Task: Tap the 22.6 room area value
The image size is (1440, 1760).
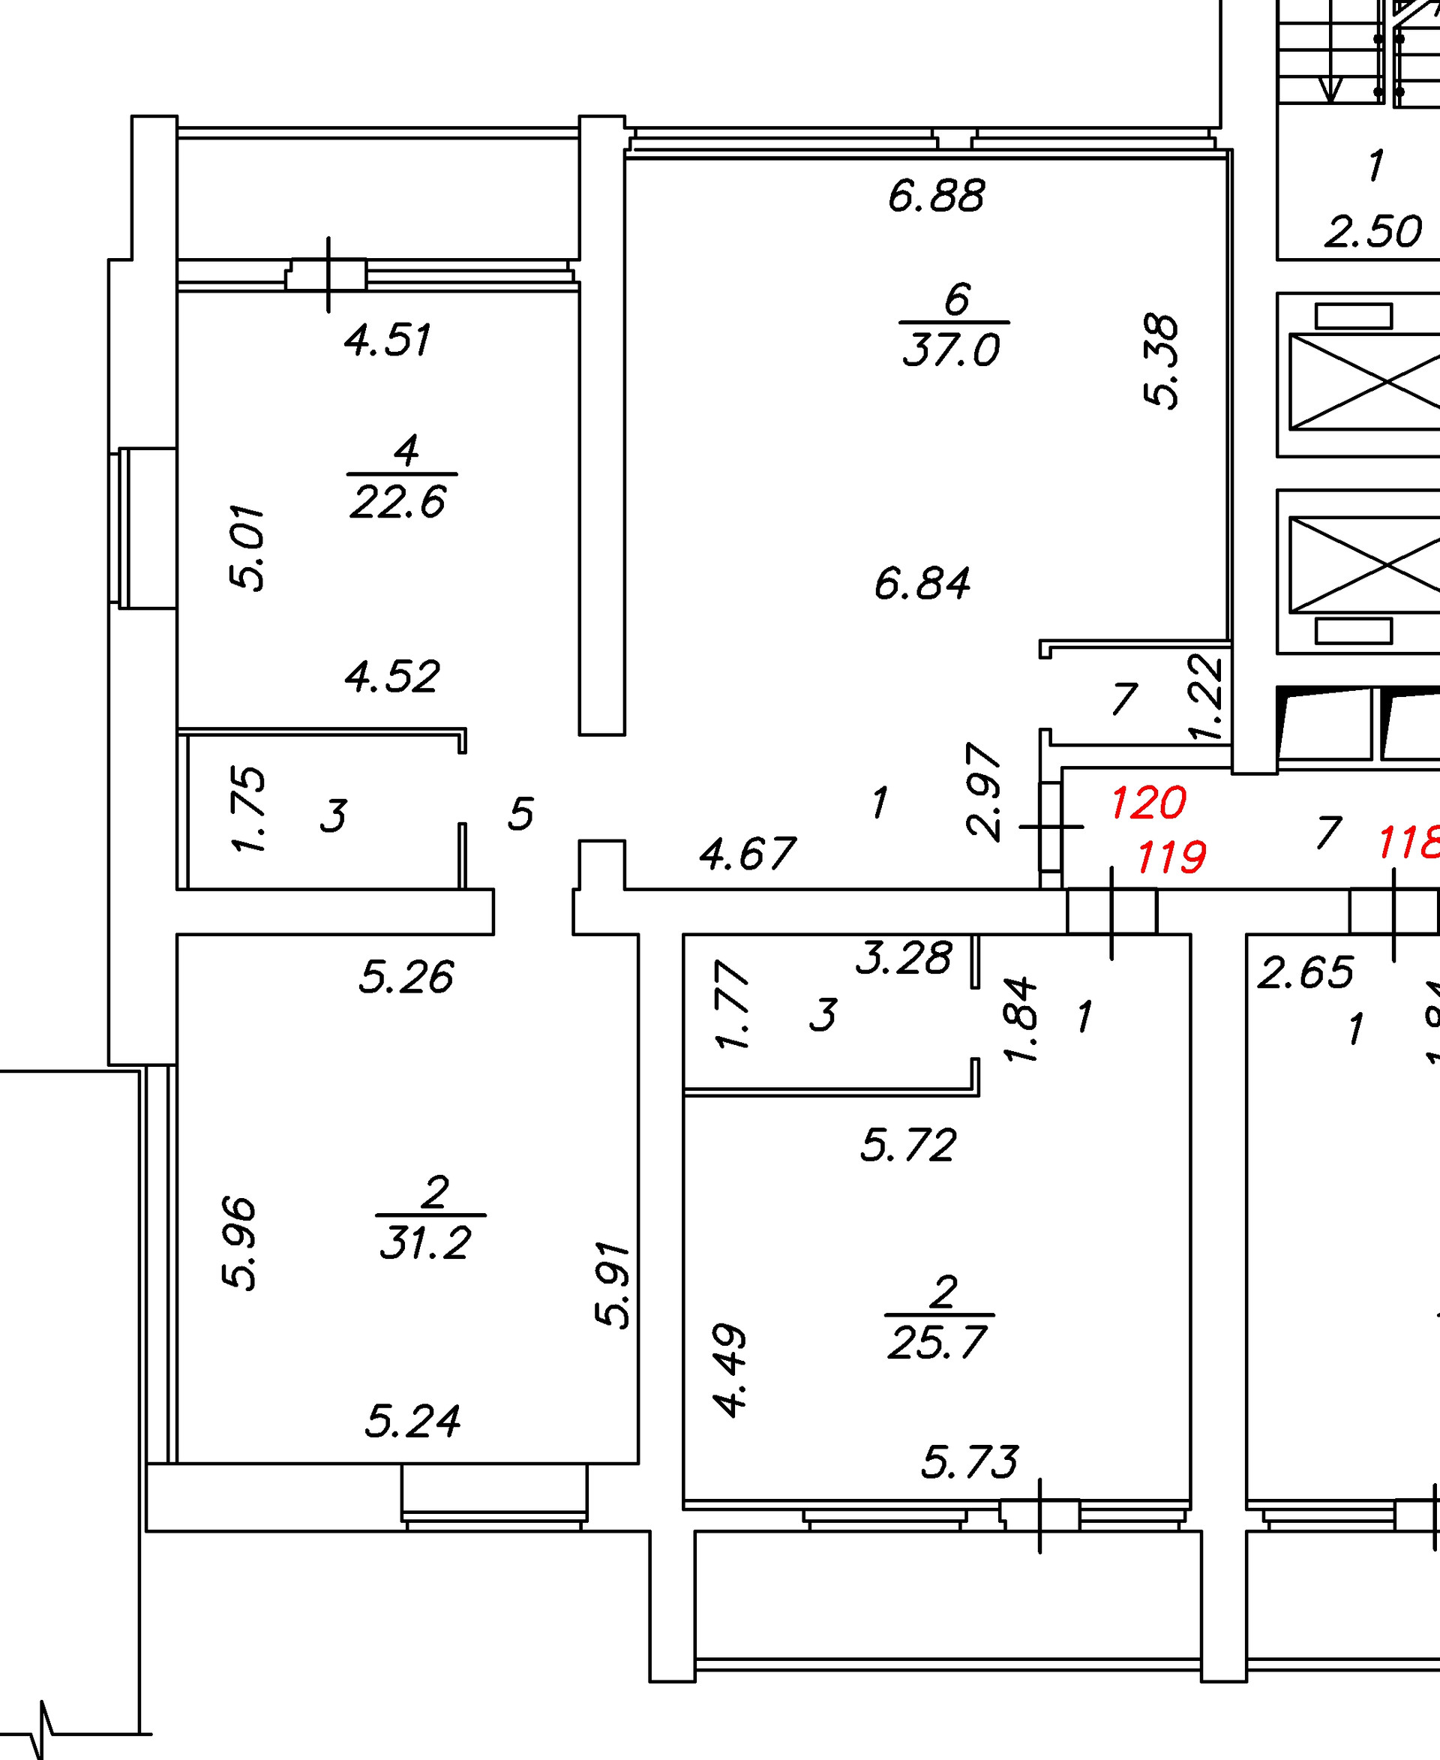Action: [398, 502]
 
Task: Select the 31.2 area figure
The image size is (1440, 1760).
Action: [426, 1243]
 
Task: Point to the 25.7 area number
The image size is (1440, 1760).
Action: [937, 1343]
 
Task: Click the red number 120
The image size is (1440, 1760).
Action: [1148, 803]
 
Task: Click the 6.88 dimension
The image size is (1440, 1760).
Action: [937, 197]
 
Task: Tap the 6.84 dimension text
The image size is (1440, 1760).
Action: [922, 584]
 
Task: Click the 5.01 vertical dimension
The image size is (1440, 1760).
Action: [247, 548]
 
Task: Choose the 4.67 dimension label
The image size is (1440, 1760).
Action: [747, 854]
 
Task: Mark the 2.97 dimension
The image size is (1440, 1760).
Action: [985, 792]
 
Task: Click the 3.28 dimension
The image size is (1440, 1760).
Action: [904, 959]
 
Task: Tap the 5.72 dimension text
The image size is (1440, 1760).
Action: [908, 1146]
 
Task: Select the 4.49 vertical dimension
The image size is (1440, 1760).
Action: [730, 1370]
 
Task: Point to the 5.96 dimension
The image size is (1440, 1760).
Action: [240, 1243]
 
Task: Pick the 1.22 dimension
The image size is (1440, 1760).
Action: [1205, 698]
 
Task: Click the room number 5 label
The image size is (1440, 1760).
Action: [521, 814]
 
